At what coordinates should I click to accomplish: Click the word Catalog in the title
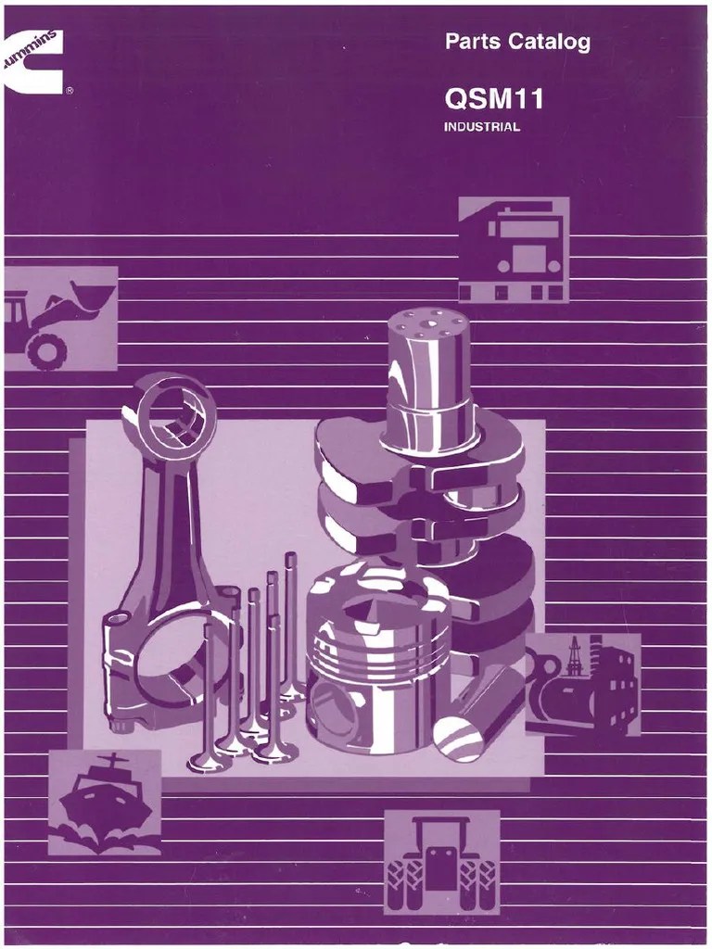[550, 43]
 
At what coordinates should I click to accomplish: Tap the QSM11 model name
[493, 100]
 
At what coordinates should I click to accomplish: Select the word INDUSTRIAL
[482, 127]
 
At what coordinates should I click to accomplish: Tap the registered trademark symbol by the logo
[70, 92]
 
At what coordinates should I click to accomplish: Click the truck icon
[514, 249]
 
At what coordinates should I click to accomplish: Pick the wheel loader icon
[60, 319]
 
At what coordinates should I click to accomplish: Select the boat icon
[105, 802]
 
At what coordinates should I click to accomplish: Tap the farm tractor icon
[442, 862]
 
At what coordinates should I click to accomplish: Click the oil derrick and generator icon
[583, 685]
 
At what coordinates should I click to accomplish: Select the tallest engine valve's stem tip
[290, 557]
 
